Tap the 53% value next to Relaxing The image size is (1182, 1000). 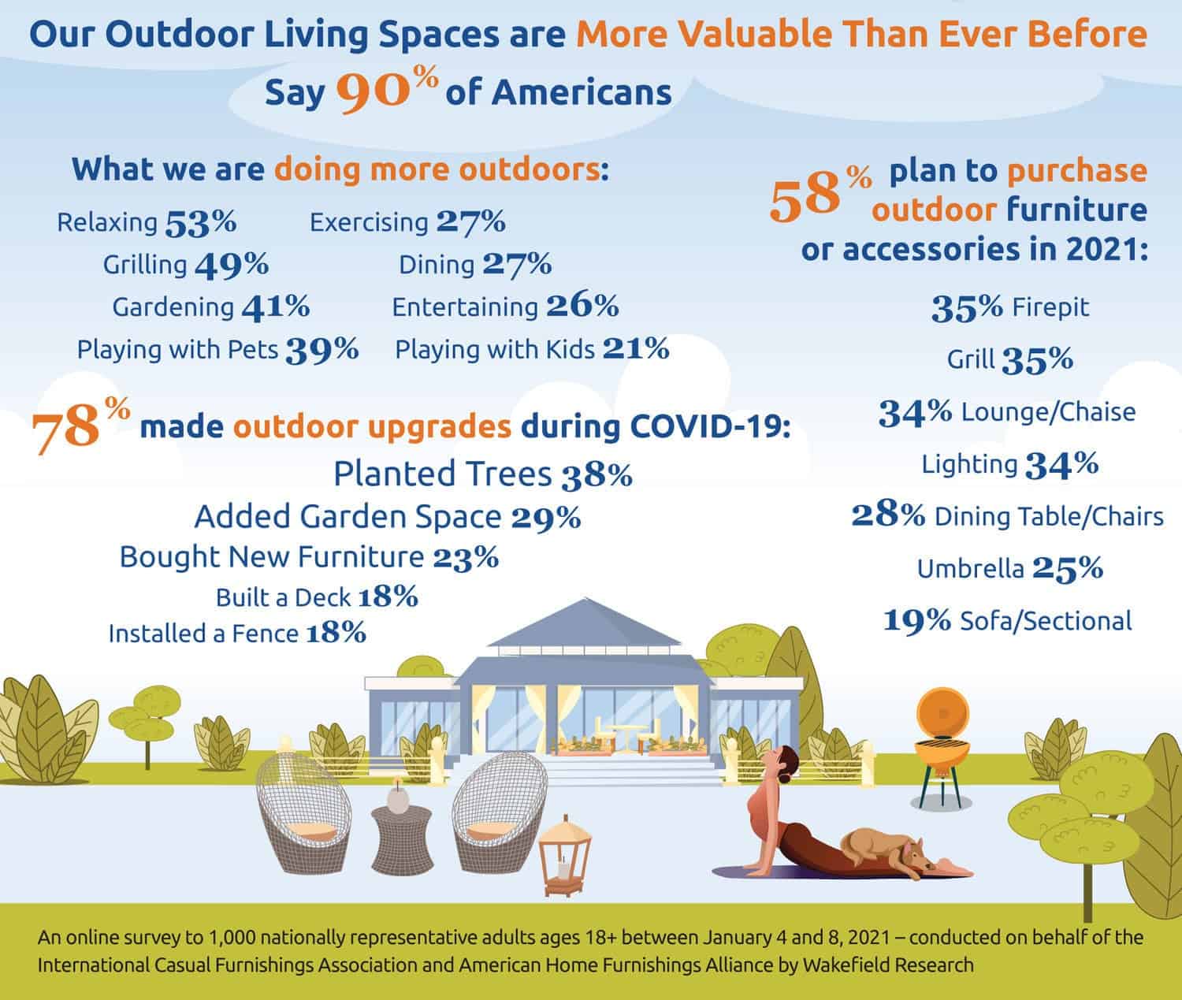pos(201,223)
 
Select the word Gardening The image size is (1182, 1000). pos(173,307)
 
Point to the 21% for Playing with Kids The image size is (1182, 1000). pos(636,348)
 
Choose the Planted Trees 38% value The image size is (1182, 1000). pos(597,475)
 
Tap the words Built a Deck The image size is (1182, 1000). pos(283,598)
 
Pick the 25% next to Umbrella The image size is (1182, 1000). pos(1067,568)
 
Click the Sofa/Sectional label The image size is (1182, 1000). pos(1046,621)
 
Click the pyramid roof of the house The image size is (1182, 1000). pos(567,630)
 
